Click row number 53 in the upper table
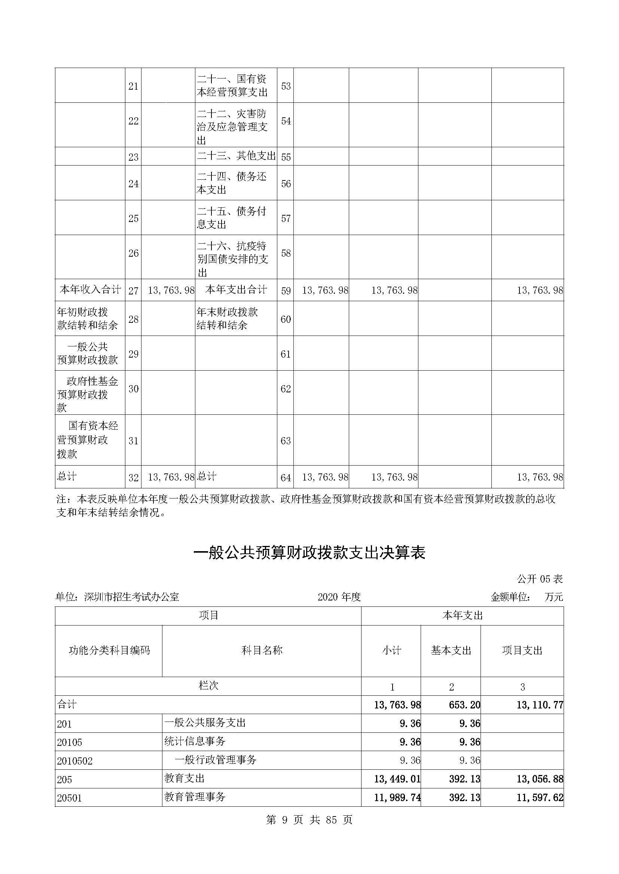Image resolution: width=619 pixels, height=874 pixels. (x=286, y=86)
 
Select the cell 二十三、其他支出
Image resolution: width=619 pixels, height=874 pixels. (x=236, y=156)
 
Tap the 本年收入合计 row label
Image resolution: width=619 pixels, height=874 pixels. (x=90, y=290)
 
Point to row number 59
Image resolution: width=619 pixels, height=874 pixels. (x=286, y=291)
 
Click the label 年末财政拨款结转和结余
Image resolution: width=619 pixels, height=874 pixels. (x=227, y=319)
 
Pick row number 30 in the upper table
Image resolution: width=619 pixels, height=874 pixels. (x=133, y=389)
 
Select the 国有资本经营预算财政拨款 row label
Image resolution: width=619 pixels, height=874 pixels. (x=88, y=440)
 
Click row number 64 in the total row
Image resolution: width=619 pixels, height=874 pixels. (x=286, y=477)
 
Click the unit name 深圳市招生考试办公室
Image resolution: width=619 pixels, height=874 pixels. (x=131, y=597)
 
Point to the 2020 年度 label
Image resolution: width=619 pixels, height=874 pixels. (x=339, y=597)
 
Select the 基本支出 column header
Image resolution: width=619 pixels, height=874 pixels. (x=451, y=651)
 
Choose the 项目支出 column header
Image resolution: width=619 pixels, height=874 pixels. (x=522, y=651)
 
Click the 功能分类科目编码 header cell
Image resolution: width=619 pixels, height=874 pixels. (x=109, y=651)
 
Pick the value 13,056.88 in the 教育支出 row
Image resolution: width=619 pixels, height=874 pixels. (x=540, y=779)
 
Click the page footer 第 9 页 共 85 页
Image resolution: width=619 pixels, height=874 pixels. (x=309, y=820)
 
